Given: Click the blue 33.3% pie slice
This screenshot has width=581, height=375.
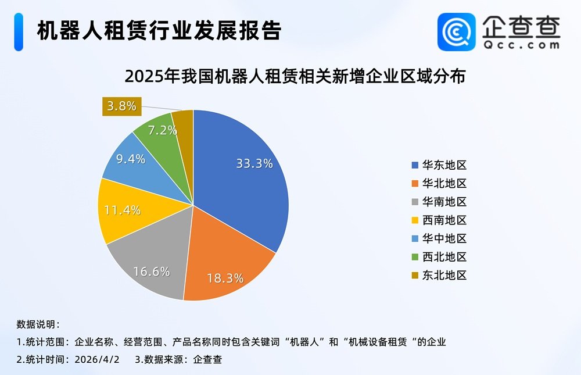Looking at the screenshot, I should tap(244, 174).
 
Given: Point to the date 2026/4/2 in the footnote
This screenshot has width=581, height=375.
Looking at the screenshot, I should tap(97, 359).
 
